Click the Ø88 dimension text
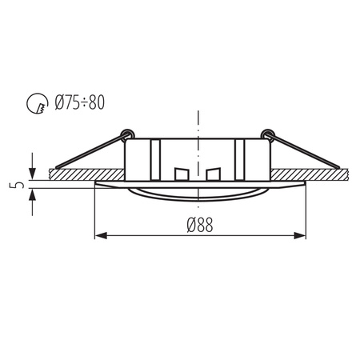(200, 226)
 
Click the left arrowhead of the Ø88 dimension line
(101, 236)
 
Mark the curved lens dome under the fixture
(197, 194)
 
